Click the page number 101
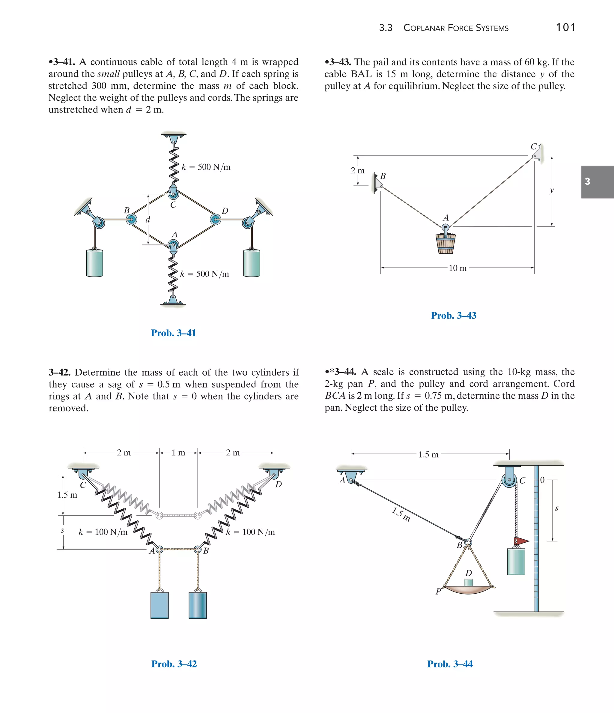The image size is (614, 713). (x=565, y=27)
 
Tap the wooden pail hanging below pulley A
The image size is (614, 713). (x=446, y=243)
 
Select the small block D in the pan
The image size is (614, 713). (x=468, y=582)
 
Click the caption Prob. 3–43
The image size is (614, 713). (x=453, y=316)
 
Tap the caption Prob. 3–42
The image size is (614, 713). (x=174, y=664)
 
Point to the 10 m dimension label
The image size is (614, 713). (x=458, y=268)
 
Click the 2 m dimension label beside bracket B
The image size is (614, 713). (x=357, y=171)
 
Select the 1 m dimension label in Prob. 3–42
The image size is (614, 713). (x=178, y=453)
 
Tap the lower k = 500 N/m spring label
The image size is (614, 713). (x=204, y=274)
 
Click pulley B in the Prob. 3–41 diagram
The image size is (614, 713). (x=131, y=219)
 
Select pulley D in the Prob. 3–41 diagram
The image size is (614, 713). (x=216, y=219)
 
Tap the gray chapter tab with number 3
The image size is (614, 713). (x=597, y=182)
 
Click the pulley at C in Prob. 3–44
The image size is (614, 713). (x=509, y=480)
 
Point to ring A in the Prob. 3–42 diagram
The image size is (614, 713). (x=159, y=550)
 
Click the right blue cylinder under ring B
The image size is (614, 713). (x=198, y=605)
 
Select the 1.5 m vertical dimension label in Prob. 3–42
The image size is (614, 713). (x=67, y=495)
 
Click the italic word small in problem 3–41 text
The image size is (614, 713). (x=109, y=74)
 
